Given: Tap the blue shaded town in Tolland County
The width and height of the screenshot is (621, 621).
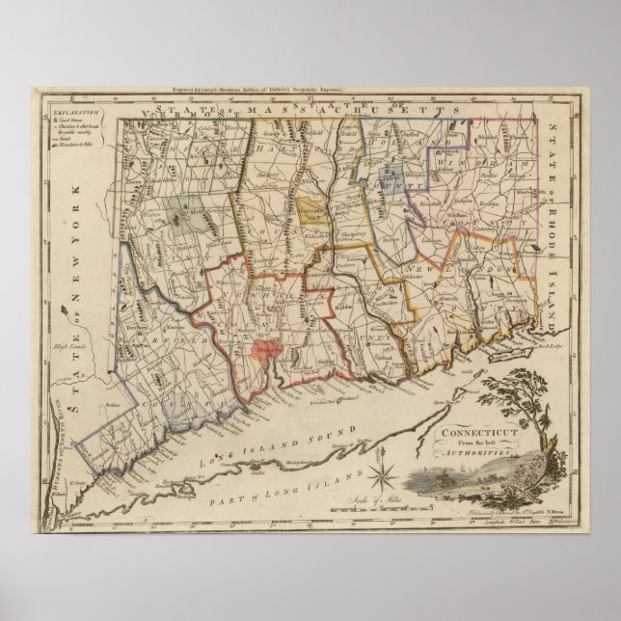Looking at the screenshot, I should (x=391, y=176).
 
